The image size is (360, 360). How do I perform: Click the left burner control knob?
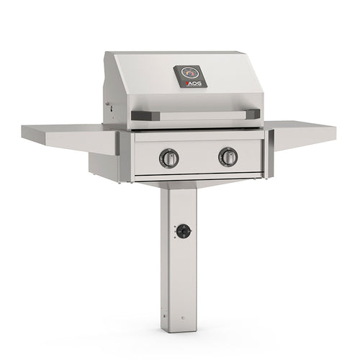point(168,158)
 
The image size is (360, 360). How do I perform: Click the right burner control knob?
point(228,156)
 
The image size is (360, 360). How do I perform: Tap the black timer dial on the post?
point(184,231)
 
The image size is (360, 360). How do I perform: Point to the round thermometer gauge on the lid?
point(189,73)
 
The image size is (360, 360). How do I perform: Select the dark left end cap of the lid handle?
point(140,116)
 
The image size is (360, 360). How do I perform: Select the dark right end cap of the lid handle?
point(253,114)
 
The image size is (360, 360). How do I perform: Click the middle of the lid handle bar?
point(196,114)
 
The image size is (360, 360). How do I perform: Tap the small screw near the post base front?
point(184,318)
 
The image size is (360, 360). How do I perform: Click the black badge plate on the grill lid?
point(190,76)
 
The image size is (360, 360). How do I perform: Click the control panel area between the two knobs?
point(198,157)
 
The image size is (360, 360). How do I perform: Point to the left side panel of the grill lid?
point(115,90)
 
